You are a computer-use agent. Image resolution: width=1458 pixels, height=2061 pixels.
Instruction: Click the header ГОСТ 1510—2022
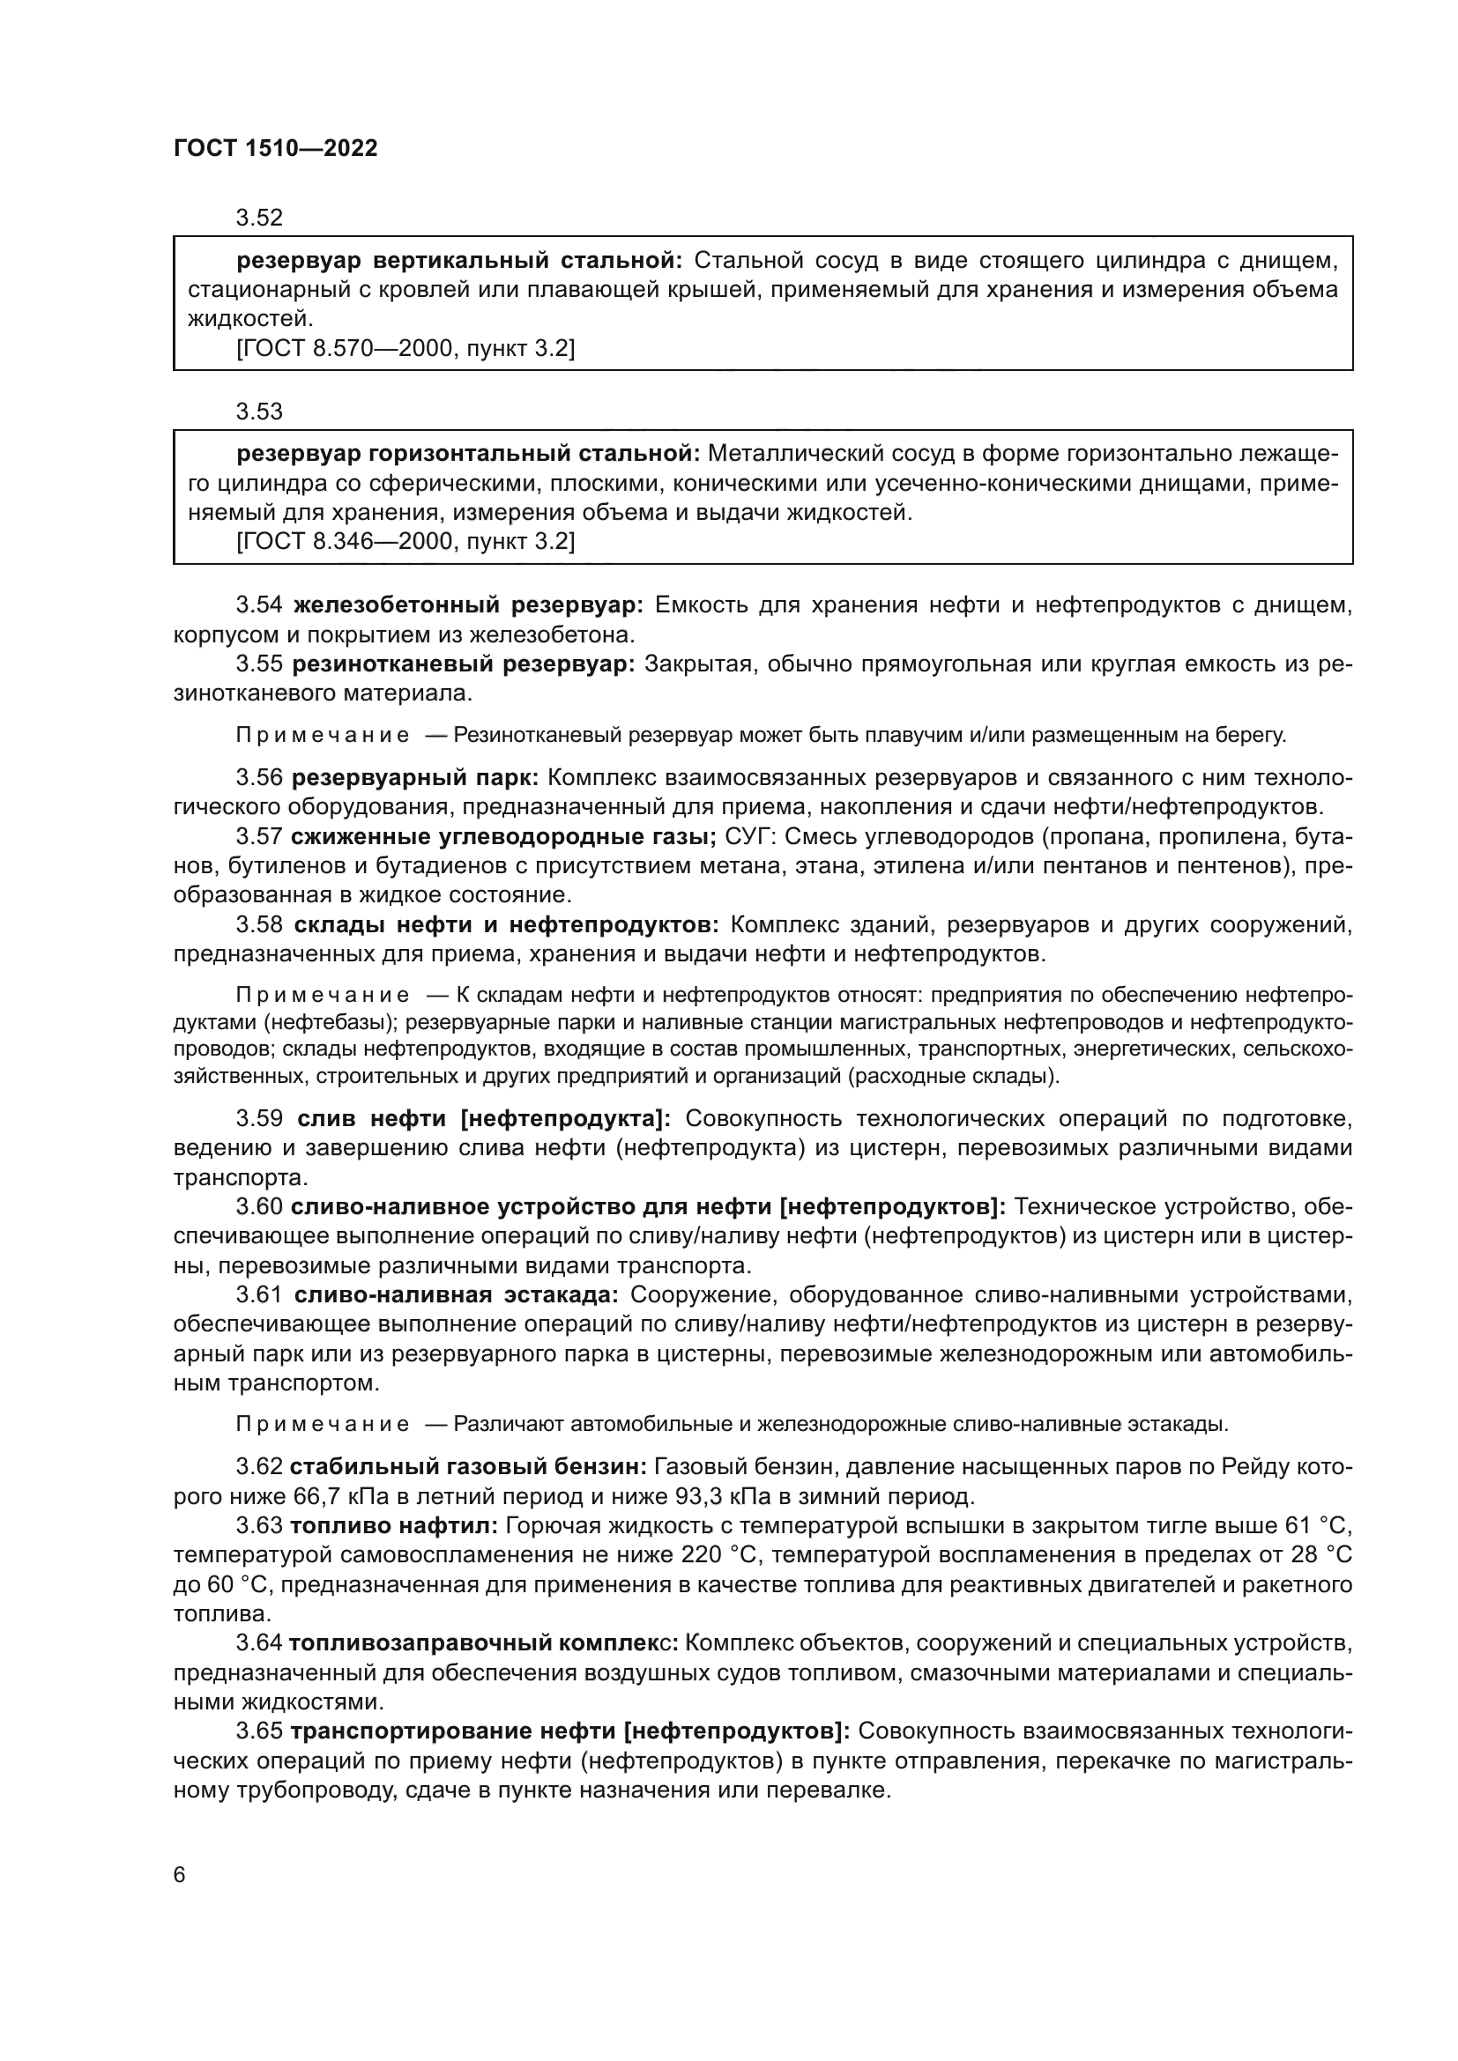[x=276, y=148]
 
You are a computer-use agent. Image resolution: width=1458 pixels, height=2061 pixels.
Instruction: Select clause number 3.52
[x=258, y=218]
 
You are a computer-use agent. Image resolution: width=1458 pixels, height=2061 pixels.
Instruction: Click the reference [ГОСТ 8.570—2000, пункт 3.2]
[x=405, y=348]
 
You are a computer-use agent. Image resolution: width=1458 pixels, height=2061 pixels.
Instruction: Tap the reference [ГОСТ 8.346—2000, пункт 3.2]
[x=405, y=542]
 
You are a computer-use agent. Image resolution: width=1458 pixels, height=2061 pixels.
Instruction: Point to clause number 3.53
[x=258, y=411]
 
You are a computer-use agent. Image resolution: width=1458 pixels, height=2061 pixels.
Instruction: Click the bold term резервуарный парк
[x=415, y=777]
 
